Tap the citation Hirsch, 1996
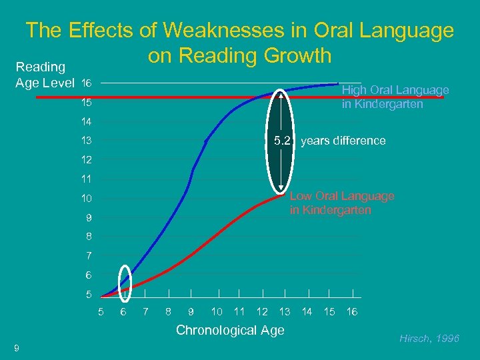tap(429, 339)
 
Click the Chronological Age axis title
tap(229, 330)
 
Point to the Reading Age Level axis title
tap(44, 75)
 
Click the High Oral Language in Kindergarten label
tap(395, 97)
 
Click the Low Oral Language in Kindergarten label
tap(341, 203)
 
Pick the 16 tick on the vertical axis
tap(86, 83)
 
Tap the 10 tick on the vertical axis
tap(86, 199)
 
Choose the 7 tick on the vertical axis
tap(89, 256)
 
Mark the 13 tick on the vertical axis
tap(86, 141)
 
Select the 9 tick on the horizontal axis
tap(191, 311)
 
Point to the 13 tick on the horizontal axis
tap(285, 311)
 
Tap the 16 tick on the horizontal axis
tap(352, 311)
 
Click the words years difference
tap(343, 141)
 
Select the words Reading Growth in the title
tap(240, 56)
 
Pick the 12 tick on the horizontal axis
tap(262, 311)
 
